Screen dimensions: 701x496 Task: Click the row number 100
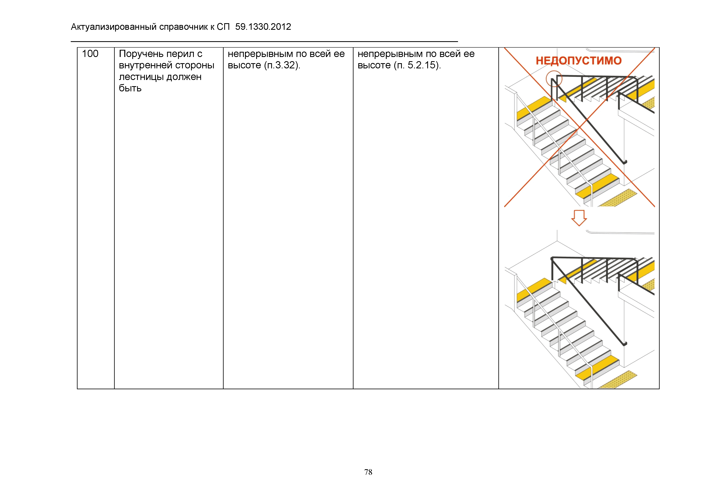click(x=90, y=54)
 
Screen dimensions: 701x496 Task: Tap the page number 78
click(x=368, y=472)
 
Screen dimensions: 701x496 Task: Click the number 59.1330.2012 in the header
click(x=263, y=27)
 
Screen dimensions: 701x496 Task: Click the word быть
click(x=130, y=88)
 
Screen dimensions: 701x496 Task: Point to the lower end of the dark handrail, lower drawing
click(x=625, y=344)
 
